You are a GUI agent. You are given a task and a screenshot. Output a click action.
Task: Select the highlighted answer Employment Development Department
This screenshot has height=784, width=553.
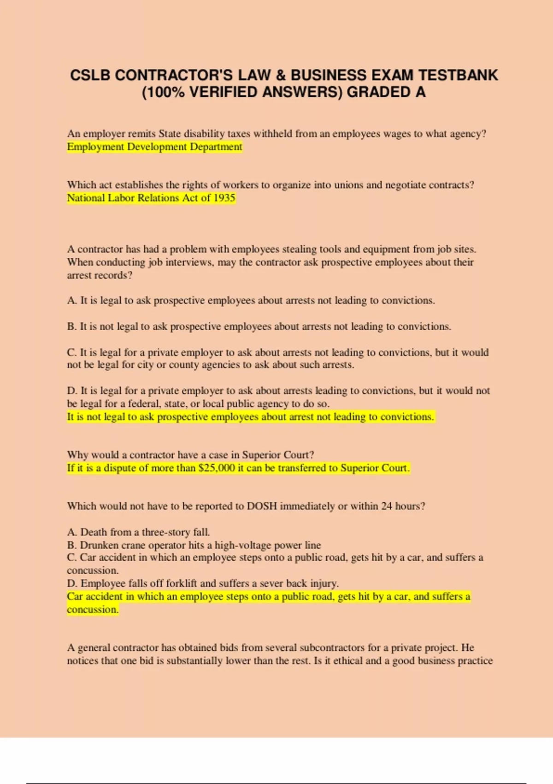[154, 147]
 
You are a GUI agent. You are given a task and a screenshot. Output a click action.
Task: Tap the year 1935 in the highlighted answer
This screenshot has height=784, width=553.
[224, 198]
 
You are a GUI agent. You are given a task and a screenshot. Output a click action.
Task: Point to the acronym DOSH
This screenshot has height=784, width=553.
[262, 506]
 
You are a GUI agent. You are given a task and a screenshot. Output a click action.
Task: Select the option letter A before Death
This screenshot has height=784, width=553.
[71, 532]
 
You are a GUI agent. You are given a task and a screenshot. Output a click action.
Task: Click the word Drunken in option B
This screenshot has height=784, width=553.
[99, 545]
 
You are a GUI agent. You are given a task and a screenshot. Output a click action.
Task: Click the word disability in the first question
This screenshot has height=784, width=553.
[203, 134]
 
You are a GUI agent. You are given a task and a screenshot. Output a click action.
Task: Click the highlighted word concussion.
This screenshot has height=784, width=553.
[92, 610]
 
